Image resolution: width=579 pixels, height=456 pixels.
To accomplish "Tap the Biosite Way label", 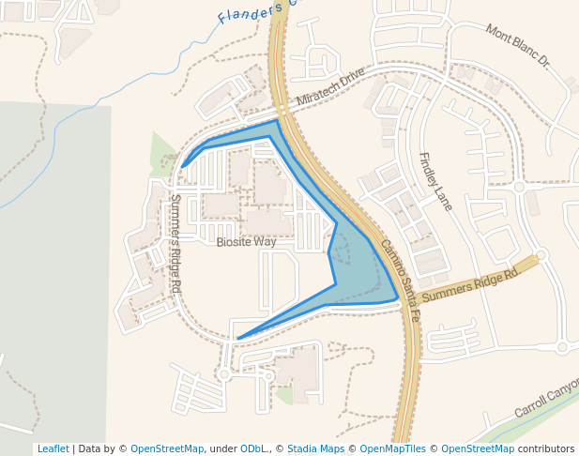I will click(246, 242).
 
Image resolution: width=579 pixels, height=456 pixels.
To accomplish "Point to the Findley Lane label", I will click(435, 181).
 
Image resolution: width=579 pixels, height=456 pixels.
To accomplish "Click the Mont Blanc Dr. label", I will click(517, 46).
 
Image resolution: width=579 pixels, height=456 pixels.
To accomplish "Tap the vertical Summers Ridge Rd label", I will click(175, 244).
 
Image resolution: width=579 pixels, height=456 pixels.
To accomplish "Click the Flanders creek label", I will click(253, 11).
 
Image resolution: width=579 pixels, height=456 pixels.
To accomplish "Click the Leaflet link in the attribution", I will click(53, 448).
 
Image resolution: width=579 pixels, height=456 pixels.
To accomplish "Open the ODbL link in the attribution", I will click(251, 448).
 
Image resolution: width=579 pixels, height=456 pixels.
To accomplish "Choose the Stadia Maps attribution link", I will click(315, 448).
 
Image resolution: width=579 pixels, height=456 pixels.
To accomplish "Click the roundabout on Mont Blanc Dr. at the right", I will click(519, 187).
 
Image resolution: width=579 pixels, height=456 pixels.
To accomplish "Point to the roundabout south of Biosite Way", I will click(223, 374).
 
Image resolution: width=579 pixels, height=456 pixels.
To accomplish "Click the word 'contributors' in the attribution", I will click(545, 448).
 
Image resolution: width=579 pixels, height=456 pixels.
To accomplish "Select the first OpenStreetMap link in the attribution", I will click(166, 448).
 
